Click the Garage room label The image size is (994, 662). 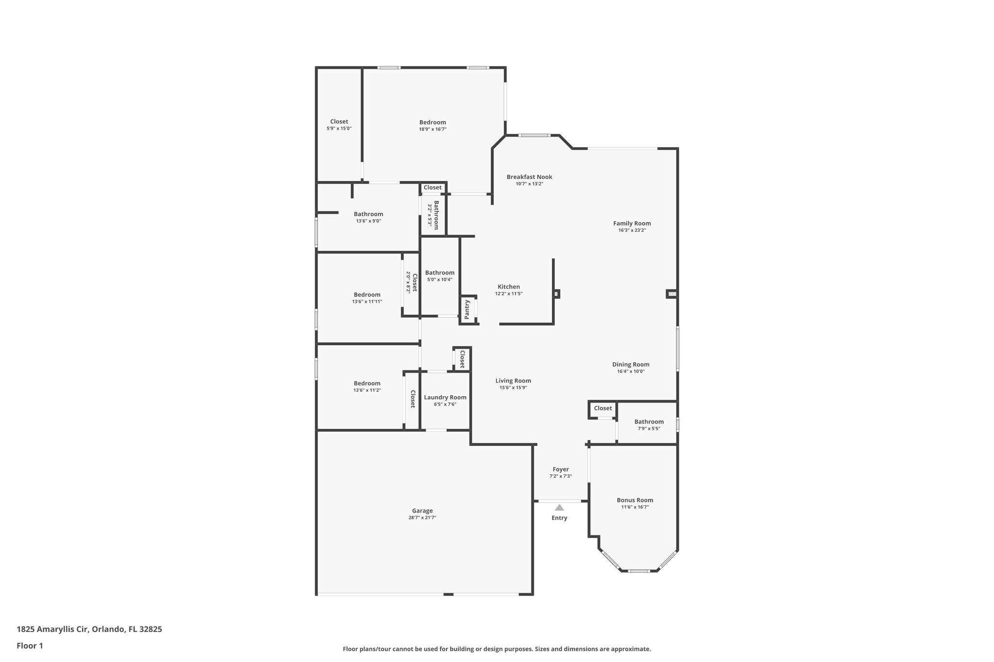[x=422, y=511]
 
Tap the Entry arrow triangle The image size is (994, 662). [x=560, y=507]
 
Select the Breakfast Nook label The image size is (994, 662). [x=529, y=177]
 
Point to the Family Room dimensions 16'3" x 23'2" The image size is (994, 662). [x=632, y=230]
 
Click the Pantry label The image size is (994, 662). [x=467, y=309]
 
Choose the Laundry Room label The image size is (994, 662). [x=445, y=397]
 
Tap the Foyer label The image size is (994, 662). [x=561, y=469]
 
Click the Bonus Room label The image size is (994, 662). [x=635, y=500]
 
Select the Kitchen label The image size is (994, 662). [x=509, y=287]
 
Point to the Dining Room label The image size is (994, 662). [x=630, y=364]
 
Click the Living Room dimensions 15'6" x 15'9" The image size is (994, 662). [x=513, y=388]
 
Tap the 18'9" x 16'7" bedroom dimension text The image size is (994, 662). [x=432, y=129]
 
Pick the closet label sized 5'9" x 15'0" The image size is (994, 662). [x=339, y=122]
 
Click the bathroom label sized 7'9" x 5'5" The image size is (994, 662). [x=649, y=421]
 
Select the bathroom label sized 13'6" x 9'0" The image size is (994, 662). [x=368, y=214]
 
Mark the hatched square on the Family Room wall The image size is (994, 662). [x=672, y=294]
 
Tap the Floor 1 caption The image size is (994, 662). [x=30, y=646]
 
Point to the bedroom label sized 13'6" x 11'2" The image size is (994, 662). [x=367, y=383]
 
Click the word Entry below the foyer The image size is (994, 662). [x=559, y=518]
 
